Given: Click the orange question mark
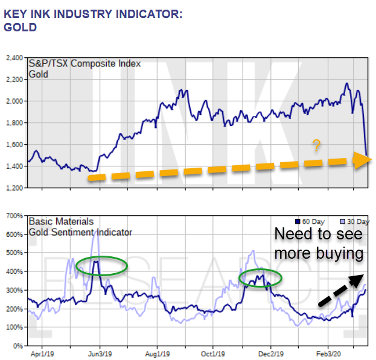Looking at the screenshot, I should coord(315,145).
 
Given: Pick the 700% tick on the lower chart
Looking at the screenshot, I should coord(14,215).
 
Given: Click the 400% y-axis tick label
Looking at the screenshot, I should coord(14,271).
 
